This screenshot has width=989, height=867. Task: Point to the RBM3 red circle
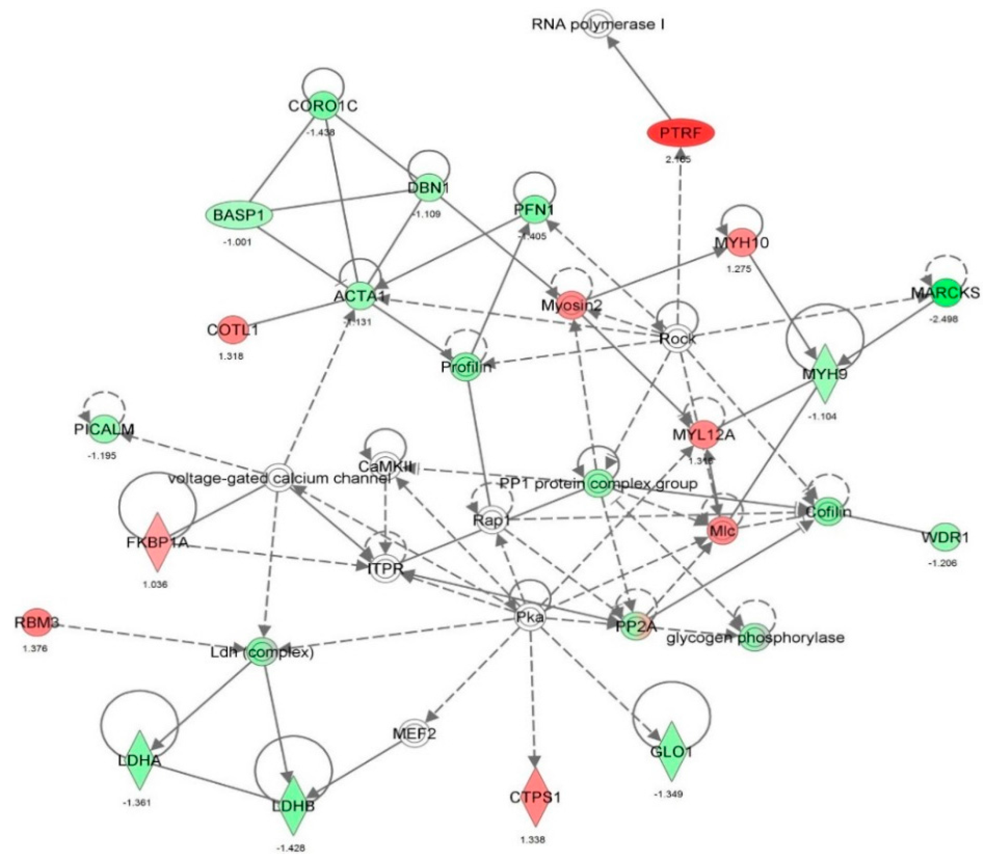(37, 622)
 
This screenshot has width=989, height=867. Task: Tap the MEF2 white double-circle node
(414, 734)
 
